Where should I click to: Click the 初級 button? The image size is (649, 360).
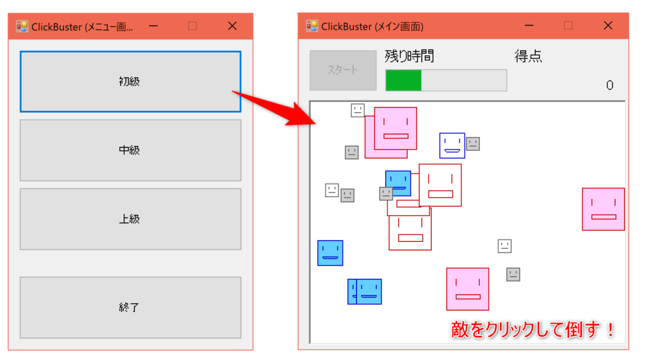coord(131,82)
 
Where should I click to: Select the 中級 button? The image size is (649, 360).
coord(131,150)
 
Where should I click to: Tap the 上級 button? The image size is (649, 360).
coord(131,219)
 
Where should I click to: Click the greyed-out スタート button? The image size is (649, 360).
coord(343,70)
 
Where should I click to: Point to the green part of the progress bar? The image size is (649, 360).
coord(404,80)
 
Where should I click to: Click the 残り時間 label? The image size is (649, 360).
coord(409,56)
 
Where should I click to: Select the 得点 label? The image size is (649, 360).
coord(528,56)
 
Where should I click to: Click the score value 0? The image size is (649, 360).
coord(610,85)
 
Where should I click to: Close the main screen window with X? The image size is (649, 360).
coord(608,25)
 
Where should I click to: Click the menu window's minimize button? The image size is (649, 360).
coord(153,26)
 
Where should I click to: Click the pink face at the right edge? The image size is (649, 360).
coord(603,209)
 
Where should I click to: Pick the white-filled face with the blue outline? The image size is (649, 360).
coord(452,146)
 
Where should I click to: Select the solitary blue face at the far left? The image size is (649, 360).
coord(330,253)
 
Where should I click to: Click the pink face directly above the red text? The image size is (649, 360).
coord(468,289)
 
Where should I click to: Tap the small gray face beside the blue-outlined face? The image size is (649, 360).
coord(473,144)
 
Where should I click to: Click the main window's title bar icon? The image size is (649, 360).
coord(312,26)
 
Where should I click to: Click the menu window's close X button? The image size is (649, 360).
coord(232,26)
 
